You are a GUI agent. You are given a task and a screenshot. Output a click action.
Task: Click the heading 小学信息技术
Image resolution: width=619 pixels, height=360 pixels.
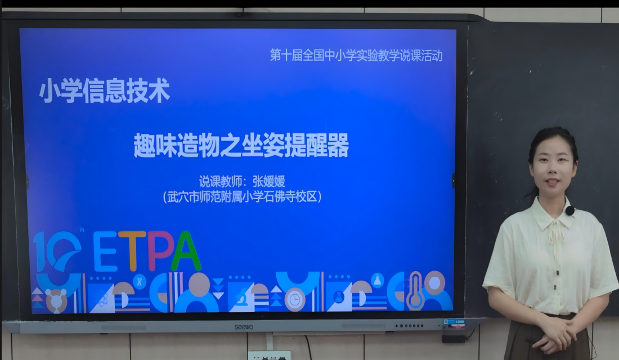coord(105,91)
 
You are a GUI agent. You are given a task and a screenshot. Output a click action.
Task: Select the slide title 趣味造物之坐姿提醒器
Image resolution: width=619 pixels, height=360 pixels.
coord(241,145)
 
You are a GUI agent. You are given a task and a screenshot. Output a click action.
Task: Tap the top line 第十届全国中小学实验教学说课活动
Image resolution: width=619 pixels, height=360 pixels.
coord(356,55)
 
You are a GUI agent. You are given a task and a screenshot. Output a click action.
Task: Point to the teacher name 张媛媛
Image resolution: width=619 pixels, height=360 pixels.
coord(269,181)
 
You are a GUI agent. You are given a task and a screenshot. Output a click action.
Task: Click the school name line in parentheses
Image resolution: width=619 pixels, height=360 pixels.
coord(242,196)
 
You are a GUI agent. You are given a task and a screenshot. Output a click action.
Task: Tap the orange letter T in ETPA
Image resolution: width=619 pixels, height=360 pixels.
coord(132,251)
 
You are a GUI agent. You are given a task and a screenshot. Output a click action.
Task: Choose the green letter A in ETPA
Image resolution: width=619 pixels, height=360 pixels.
coord(186,251)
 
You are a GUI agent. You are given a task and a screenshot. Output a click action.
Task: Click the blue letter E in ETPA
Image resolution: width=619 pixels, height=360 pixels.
coord(105,251)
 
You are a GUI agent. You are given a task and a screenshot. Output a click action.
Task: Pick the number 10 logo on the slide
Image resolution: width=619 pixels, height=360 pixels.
coord(57,251)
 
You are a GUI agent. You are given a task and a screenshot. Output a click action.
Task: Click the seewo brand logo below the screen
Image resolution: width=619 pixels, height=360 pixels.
coord(244,327)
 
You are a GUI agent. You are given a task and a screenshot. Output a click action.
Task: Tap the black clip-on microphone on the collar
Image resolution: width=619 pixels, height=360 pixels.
coord(569,210)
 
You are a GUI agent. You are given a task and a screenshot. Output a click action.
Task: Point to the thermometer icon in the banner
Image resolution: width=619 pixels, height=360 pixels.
coord(415,291)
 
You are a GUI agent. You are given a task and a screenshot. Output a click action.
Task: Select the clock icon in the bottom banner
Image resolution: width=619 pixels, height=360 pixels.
coord(294,300)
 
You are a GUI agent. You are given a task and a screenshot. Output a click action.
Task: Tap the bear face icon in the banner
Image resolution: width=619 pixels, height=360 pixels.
coord(56,300)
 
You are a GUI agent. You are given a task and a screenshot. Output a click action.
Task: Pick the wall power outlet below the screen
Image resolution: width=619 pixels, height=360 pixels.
coord(269,355)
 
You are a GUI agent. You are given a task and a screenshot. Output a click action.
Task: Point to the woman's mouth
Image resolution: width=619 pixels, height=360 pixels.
coord(551,182)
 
